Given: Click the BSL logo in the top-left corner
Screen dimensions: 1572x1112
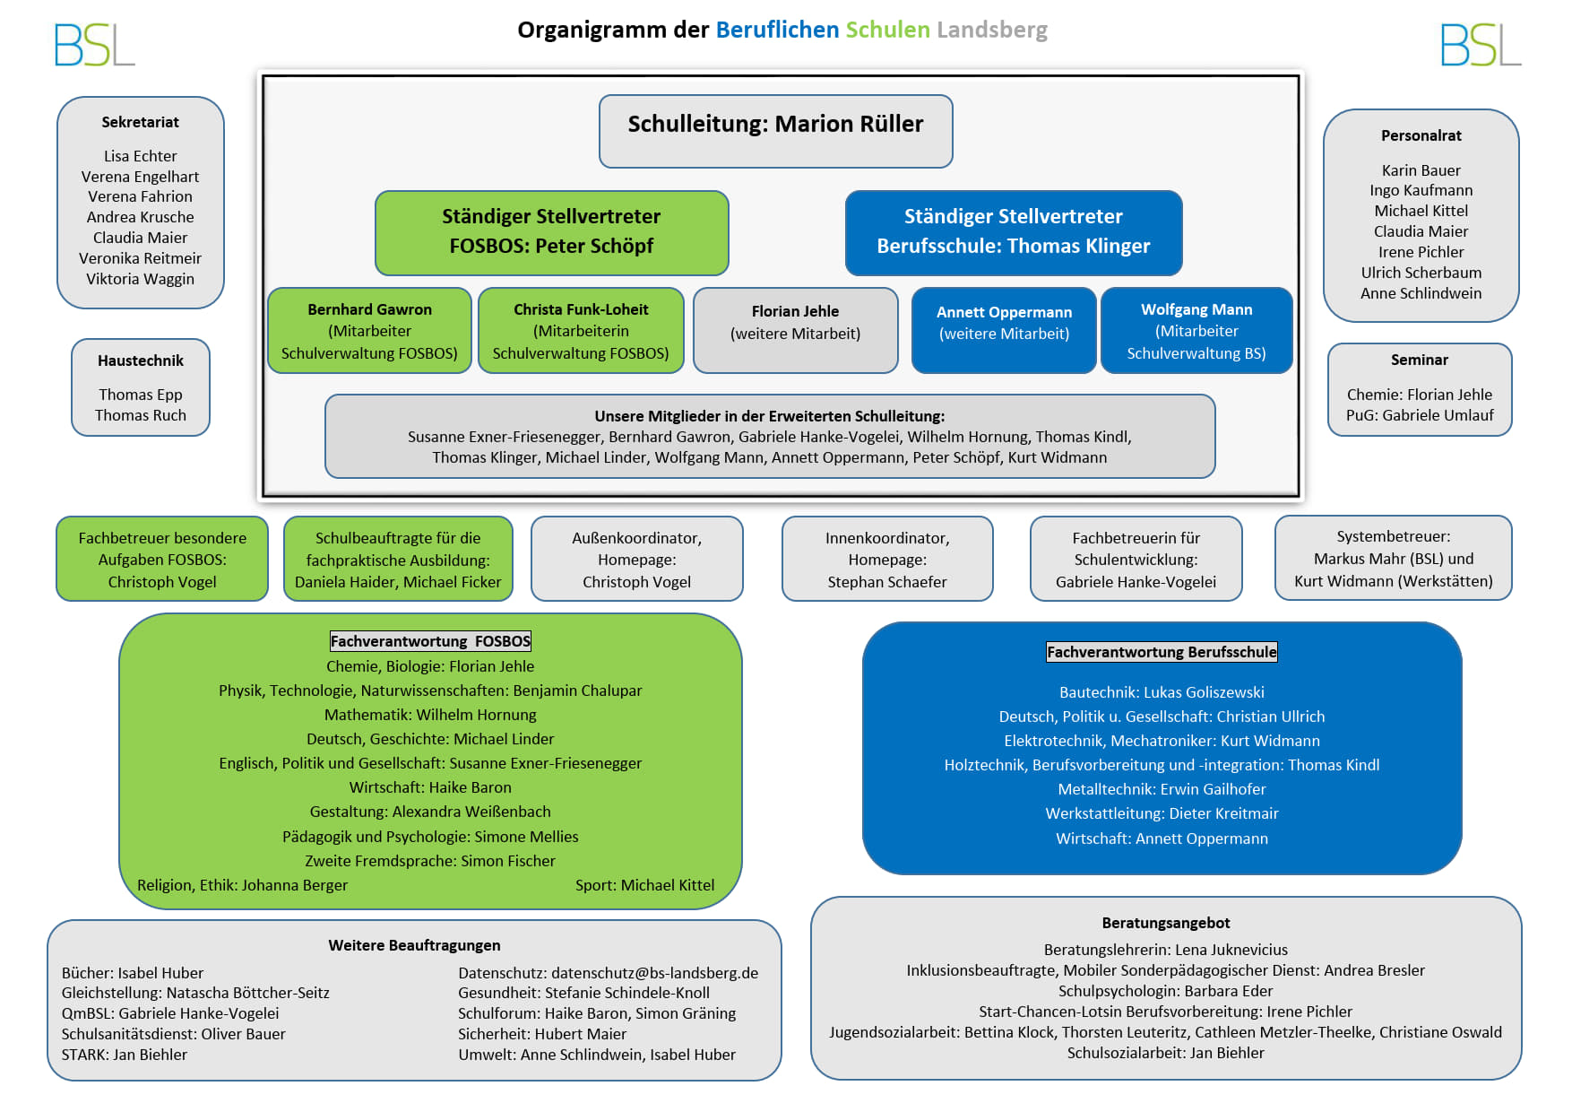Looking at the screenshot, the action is pos(94,45).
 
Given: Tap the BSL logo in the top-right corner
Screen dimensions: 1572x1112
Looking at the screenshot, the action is pos(1481,45).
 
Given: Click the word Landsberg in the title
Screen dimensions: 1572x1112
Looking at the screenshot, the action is pos(992,30).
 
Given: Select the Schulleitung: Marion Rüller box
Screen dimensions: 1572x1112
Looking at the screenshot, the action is pos(775,131).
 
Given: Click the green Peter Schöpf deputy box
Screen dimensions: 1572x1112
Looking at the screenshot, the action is pos(551,232).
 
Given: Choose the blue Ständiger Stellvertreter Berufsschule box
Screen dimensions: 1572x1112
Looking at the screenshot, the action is pos(1014,232).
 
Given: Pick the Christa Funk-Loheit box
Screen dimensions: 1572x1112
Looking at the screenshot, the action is pos(581,330).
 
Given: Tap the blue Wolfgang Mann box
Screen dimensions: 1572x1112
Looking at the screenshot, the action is pos(1196,330).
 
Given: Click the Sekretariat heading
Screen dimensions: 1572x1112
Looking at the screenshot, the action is pos(140,122).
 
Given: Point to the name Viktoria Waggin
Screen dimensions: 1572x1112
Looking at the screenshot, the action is pos(140,279).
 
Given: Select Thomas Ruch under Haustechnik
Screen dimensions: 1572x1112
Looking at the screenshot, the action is pos(141,415).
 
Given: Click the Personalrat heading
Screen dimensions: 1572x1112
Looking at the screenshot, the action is pos(1421,135).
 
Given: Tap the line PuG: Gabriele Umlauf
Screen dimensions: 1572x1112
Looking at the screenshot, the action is pos(1420,415).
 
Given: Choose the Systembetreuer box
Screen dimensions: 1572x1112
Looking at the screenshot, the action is pos(1393,558).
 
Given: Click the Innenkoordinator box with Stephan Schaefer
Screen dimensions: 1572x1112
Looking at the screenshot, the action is pos(887,559).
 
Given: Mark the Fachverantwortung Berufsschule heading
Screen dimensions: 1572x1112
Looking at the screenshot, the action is pos(1162,652).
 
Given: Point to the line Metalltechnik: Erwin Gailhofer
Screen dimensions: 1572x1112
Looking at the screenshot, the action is pos(1162,789).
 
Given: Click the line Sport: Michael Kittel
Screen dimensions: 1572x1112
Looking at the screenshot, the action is pos(644,885).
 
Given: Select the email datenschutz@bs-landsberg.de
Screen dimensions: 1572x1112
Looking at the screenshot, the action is pos(654,973).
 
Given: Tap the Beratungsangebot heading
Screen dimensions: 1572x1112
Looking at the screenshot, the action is pos(1165,923).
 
